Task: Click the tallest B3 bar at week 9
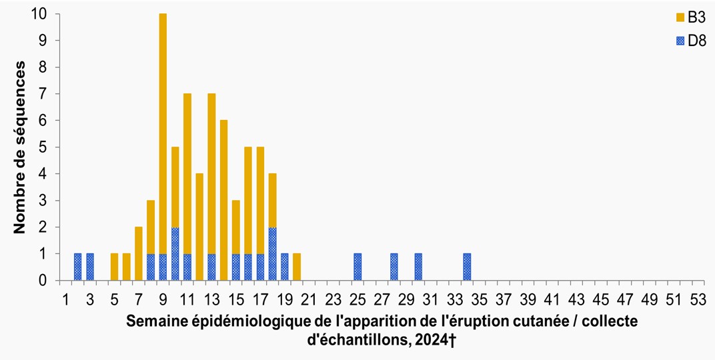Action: click(x=163, y=133)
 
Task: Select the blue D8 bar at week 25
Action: click(x=357, y=267)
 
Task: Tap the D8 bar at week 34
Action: click(x=467, y=267)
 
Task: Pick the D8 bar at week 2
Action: click(x=77, y=267)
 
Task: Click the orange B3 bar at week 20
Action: click(x=297, y=267)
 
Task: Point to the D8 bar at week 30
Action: click(x=418, y=267)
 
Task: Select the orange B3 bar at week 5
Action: click(x=114, y=267)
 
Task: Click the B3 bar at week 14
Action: click(x=223, y=200)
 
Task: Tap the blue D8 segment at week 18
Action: click(x=272, y=253)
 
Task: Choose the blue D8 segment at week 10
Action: click(x=175, y=253)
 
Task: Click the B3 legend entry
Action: click(x=687, y=16)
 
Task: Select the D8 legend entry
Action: click(x=687, y=41)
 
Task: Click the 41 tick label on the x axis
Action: click(x=552, y=298)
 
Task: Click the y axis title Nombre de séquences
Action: click(x=20, y=147)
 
